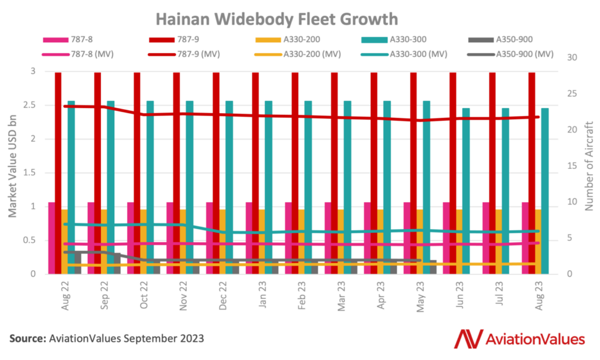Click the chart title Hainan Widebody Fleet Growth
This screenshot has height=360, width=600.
pos(300,19)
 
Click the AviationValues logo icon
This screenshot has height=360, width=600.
pos(468,338)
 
